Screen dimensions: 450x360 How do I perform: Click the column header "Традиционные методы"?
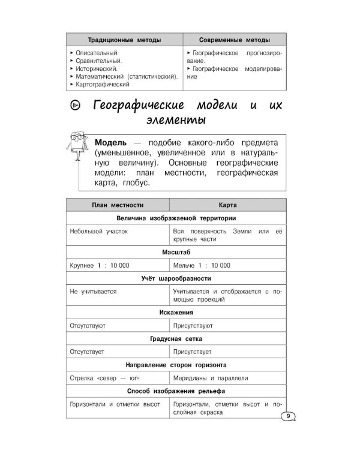click(x=124, y=40)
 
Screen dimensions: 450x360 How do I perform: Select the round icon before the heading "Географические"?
click(x=75, y=106)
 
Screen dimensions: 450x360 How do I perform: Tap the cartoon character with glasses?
click(x=76, y=155)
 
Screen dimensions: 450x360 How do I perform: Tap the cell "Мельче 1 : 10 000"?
click(x=201, y=266)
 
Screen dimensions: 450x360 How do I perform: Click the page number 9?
click(x=288, y=416)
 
